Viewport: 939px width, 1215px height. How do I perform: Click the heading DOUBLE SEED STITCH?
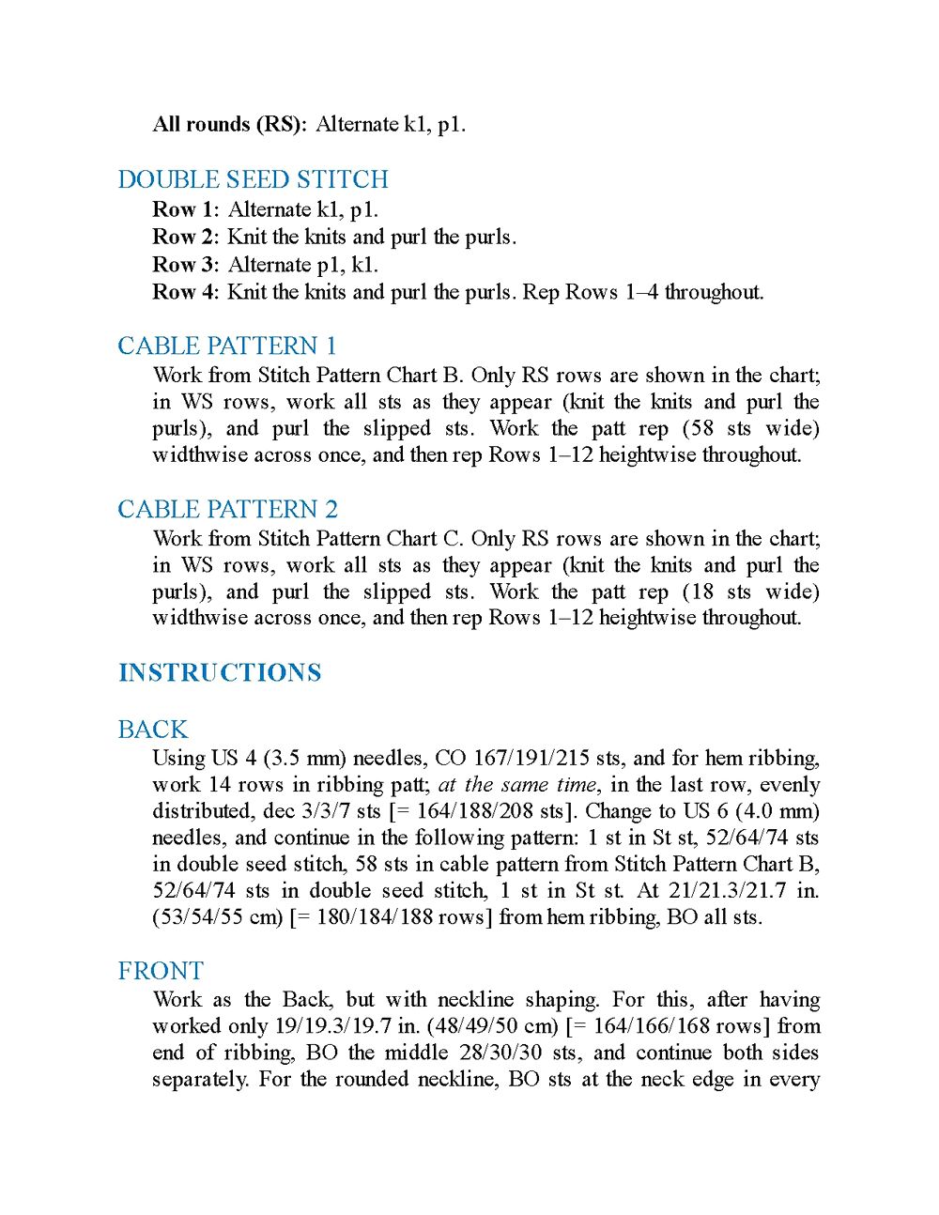tap(253, 179)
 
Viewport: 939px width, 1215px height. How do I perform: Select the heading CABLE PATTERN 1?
tap(227, 346)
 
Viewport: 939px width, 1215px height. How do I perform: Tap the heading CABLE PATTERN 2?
tap(227, 509)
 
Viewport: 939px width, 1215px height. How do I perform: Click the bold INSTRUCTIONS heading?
tap(220, 672)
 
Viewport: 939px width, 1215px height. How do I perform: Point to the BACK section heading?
tap(153, 730)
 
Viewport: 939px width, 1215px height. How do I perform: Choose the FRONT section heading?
tap(161, 971)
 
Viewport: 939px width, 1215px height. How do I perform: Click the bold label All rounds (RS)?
tap(229, 124)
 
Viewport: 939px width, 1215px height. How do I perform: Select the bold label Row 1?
tap(186, 209)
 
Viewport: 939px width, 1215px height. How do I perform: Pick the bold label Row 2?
tap(186, 237)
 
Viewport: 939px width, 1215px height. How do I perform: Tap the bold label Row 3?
tap(186, 265)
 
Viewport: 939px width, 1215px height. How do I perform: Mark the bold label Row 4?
tap(186, 292)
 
